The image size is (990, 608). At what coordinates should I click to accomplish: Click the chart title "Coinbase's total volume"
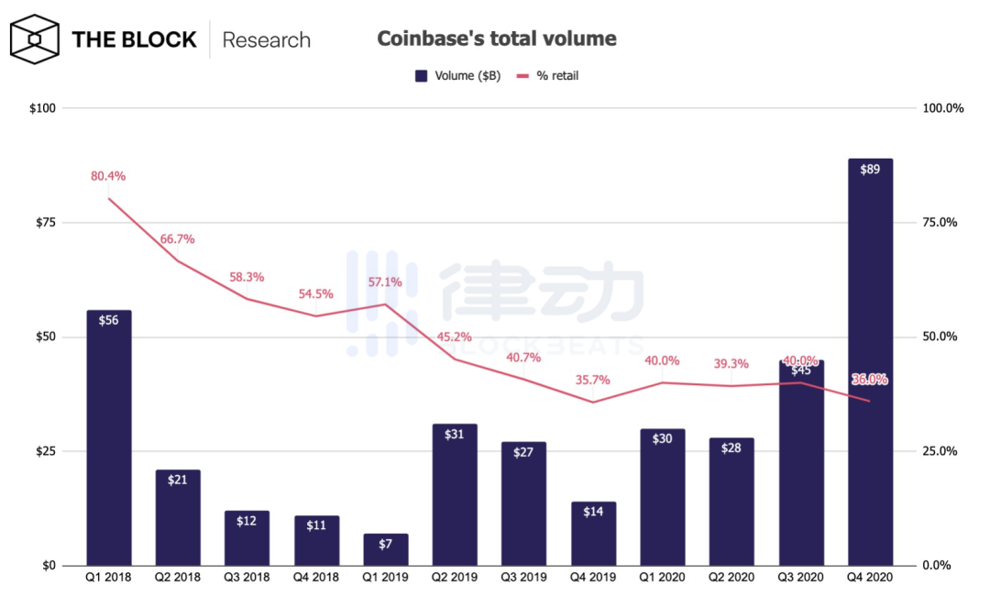pyautogui.click(x=496, y=39)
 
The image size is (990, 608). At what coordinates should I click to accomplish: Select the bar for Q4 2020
pyautogui.click(x=869, y=367)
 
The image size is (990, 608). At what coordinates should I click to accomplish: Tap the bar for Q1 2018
pyautogui.click(x=108, y=440)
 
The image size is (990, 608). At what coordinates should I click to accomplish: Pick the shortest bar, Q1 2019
pyautogui.click(x=385, y=550)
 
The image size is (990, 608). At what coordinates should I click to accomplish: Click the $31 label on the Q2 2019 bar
pyautogui.click(x=454, y=435)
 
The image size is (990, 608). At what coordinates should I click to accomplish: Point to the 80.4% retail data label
pyautogui.click(x=107, y=176)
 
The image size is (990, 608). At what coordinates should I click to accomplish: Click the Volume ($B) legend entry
pyautogui.click(x=457, y=76)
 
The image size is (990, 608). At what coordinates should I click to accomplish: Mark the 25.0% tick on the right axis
pyautogui.click(x=938, y=451)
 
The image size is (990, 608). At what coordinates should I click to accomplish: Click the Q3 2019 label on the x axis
pyautogui.click(x=523, y=578)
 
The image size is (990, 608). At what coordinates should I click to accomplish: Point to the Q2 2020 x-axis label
pyautogui.click(x=731, y=578)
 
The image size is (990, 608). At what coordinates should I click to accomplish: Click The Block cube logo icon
pyautogui.click(x=35, y=39)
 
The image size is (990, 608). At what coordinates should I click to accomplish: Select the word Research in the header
pyautogui.click(x=266, y=40)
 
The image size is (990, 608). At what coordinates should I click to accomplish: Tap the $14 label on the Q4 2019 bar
pyautogui.click(x=593, y=512)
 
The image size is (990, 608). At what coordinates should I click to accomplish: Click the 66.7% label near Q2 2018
pyautogui.click(x=176, y=239)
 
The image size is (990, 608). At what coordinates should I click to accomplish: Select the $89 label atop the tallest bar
pyautogui.click(x=870, y=169)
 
